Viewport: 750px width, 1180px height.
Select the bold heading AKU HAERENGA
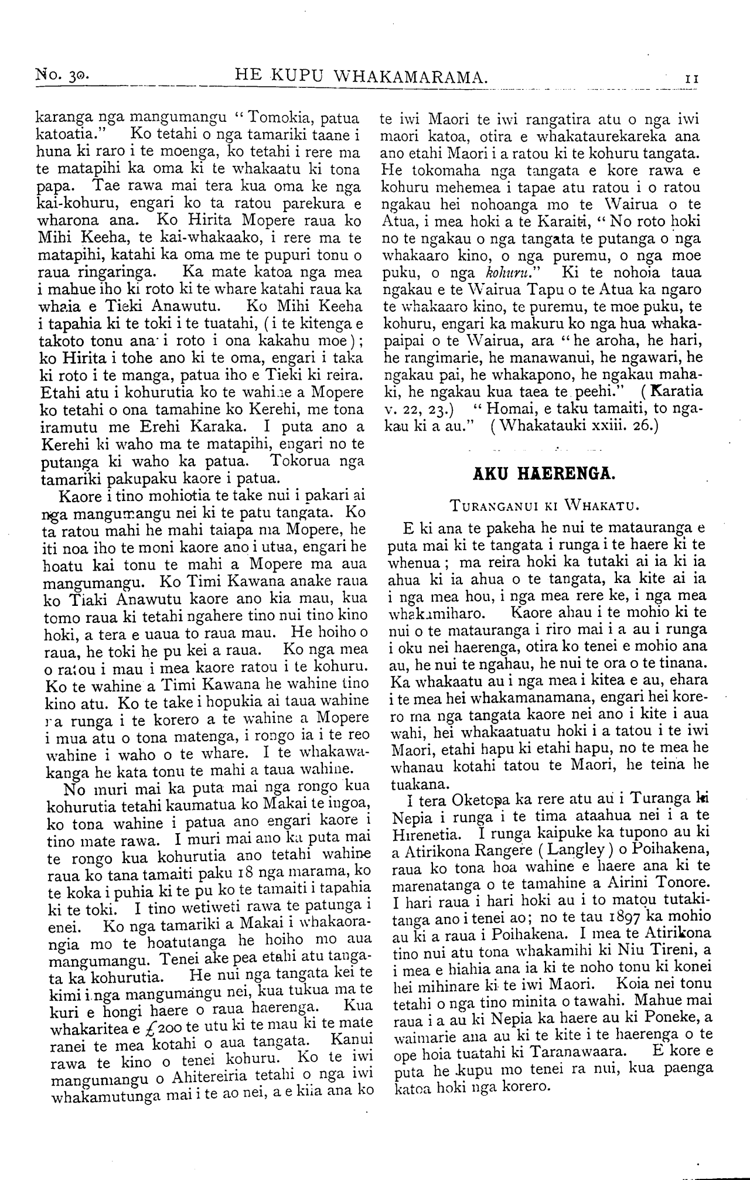[x=544, y=473]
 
